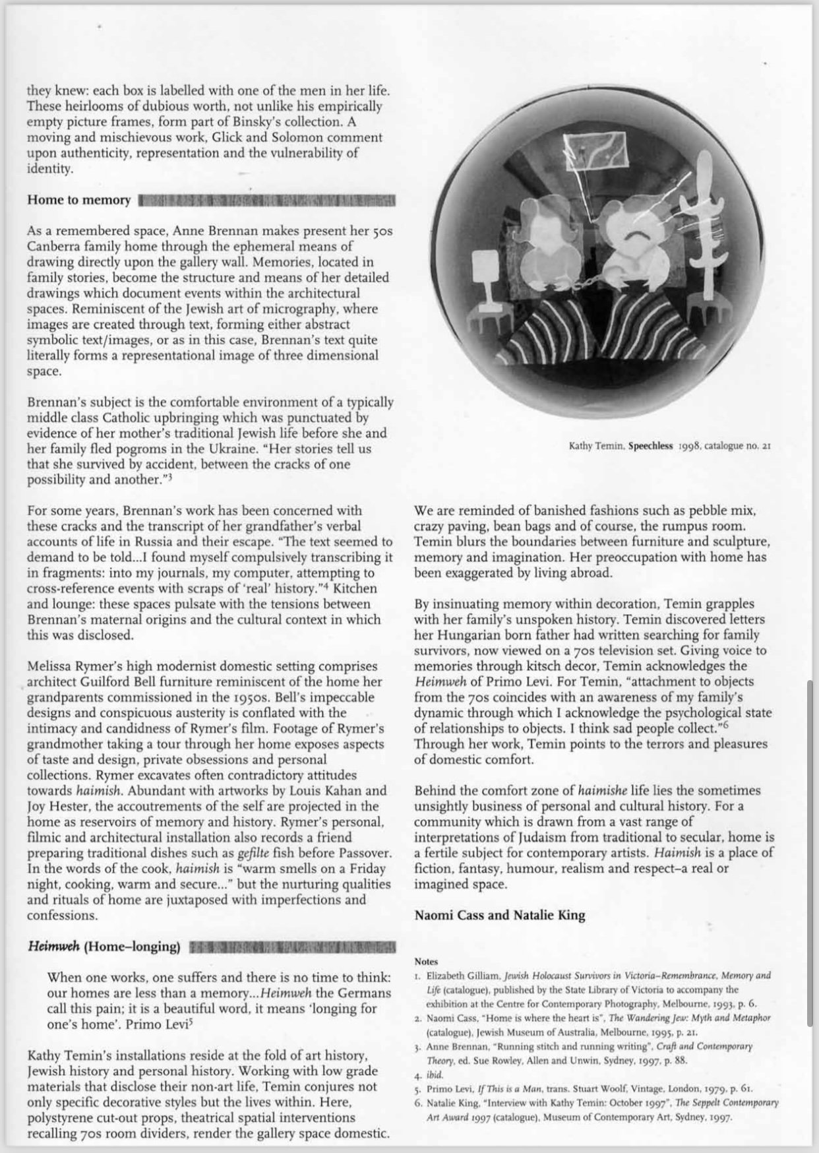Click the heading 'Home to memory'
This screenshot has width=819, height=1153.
coord(78,200)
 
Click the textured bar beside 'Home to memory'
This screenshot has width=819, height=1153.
coord(267,200)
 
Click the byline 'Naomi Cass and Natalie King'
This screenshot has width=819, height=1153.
coord(499,915)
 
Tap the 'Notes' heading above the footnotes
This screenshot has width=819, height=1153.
coord(426,962)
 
